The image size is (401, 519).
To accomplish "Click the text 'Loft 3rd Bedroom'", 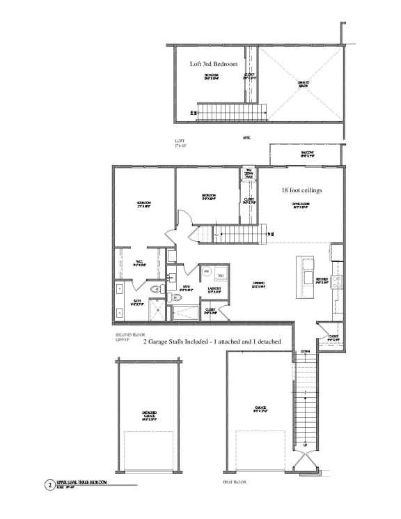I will [214, 64].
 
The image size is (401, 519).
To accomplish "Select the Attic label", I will [246, 138].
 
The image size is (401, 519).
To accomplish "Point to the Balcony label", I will [307, 154].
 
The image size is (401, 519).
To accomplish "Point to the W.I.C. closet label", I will [139, 263].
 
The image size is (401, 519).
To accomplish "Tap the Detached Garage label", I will [149, 416].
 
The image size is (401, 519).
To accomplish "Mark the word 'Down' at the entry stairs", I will [305, 352].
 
